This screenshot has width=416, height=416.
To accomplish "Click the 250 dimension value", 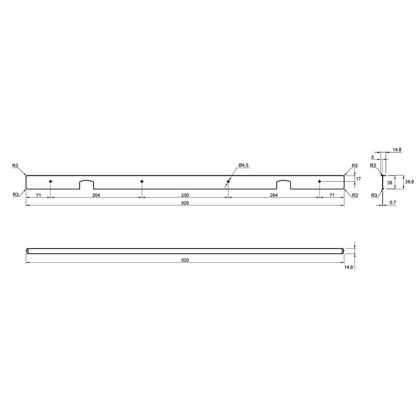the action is coord(185,195).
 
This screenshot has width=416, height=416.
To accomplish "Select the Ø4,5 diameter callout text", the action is coord(243,165).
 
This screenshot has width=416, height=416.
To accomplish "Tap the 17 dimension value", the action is coord(358,179).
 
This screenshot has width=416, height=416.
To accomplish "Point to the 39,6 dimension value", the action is coord(409,181).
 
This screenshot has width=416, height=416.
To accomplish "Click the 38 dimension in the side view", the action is coord(389,183).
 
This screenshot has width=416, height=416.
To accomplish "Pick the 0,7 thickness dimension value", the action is coord(393,202).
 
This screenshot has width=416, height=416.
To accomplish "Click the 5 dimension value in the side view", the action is coord(372,158).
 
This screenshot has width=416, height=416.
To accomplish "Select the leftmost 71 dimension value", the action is coord(38,195).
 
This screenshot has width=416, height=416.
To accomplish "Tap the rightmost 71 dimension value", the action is coord(332,195).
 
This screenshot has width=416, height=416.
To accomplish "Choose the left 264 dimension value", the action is coord(96,195).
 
